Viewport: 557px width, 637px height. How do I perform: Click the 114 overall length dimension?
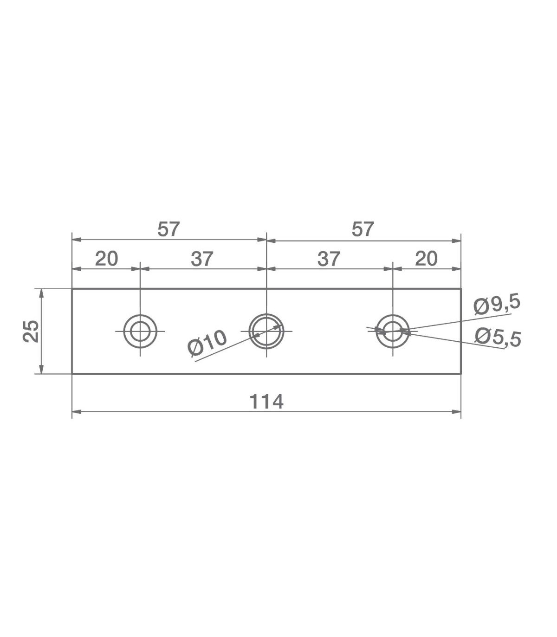coord(266,402)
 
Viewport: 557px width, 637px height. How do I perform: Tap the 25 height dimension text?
coord(31,331)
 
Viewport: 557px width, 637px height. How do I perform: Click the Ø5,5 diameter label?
coord(498,338)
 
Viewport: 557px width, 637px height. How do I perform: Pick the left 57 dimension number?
coord(168,229)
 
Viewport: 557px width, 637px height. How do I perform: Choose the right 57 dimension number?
coord(363,229)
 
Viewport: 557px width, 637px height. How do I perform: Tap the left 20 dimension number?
coord(106,259)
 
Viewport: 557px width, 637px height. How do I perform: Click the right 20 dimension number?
coord(426,259)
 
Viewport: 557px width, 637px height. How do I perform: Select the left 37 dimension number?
coord(202,259)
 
